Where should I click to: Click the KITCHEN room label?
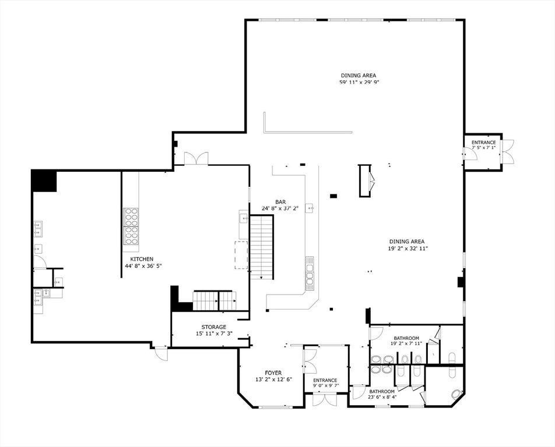[142, 259]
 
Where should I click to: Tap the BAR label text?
[280, 202]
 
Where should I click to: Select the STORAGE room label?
[214, 327]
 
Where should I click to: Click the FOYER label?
[273, 373]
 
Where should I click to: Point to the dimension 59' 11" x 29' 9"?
[358, 82]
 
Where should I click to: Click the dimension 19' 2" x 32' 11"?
[407, 249]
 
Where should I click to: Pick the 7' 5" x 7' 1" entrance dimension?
[483, 147]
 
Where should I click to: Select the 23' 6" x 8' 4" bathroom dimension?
[382, 396]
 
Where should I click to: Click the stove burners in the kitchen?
[131, 226]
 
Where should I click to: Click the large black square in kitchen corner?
[44, 180]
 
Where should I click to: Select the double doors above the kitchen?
[196, 158]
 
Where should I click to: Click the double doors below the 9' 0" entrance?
[325, 399]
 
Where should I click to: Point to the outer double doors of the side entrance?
[507, 151]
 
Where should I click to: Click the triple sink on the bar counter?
[310, 273]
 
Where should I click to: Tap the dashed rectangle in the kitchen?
[241, 255]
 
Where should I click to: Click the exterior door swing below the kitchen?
[161, 354]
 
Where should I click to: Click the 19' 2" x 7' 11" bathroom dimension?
[406, 343]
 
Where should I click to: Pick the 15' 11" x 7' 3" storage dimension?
[214, 334]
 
